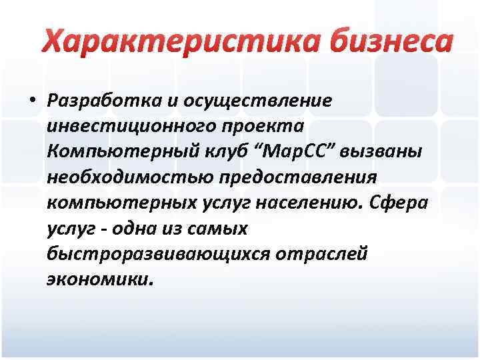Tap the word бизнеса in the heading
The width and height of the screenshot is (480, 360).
[x=379, y=42]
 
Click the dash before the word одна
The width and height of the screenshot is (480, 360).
[x=105, y=229]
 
